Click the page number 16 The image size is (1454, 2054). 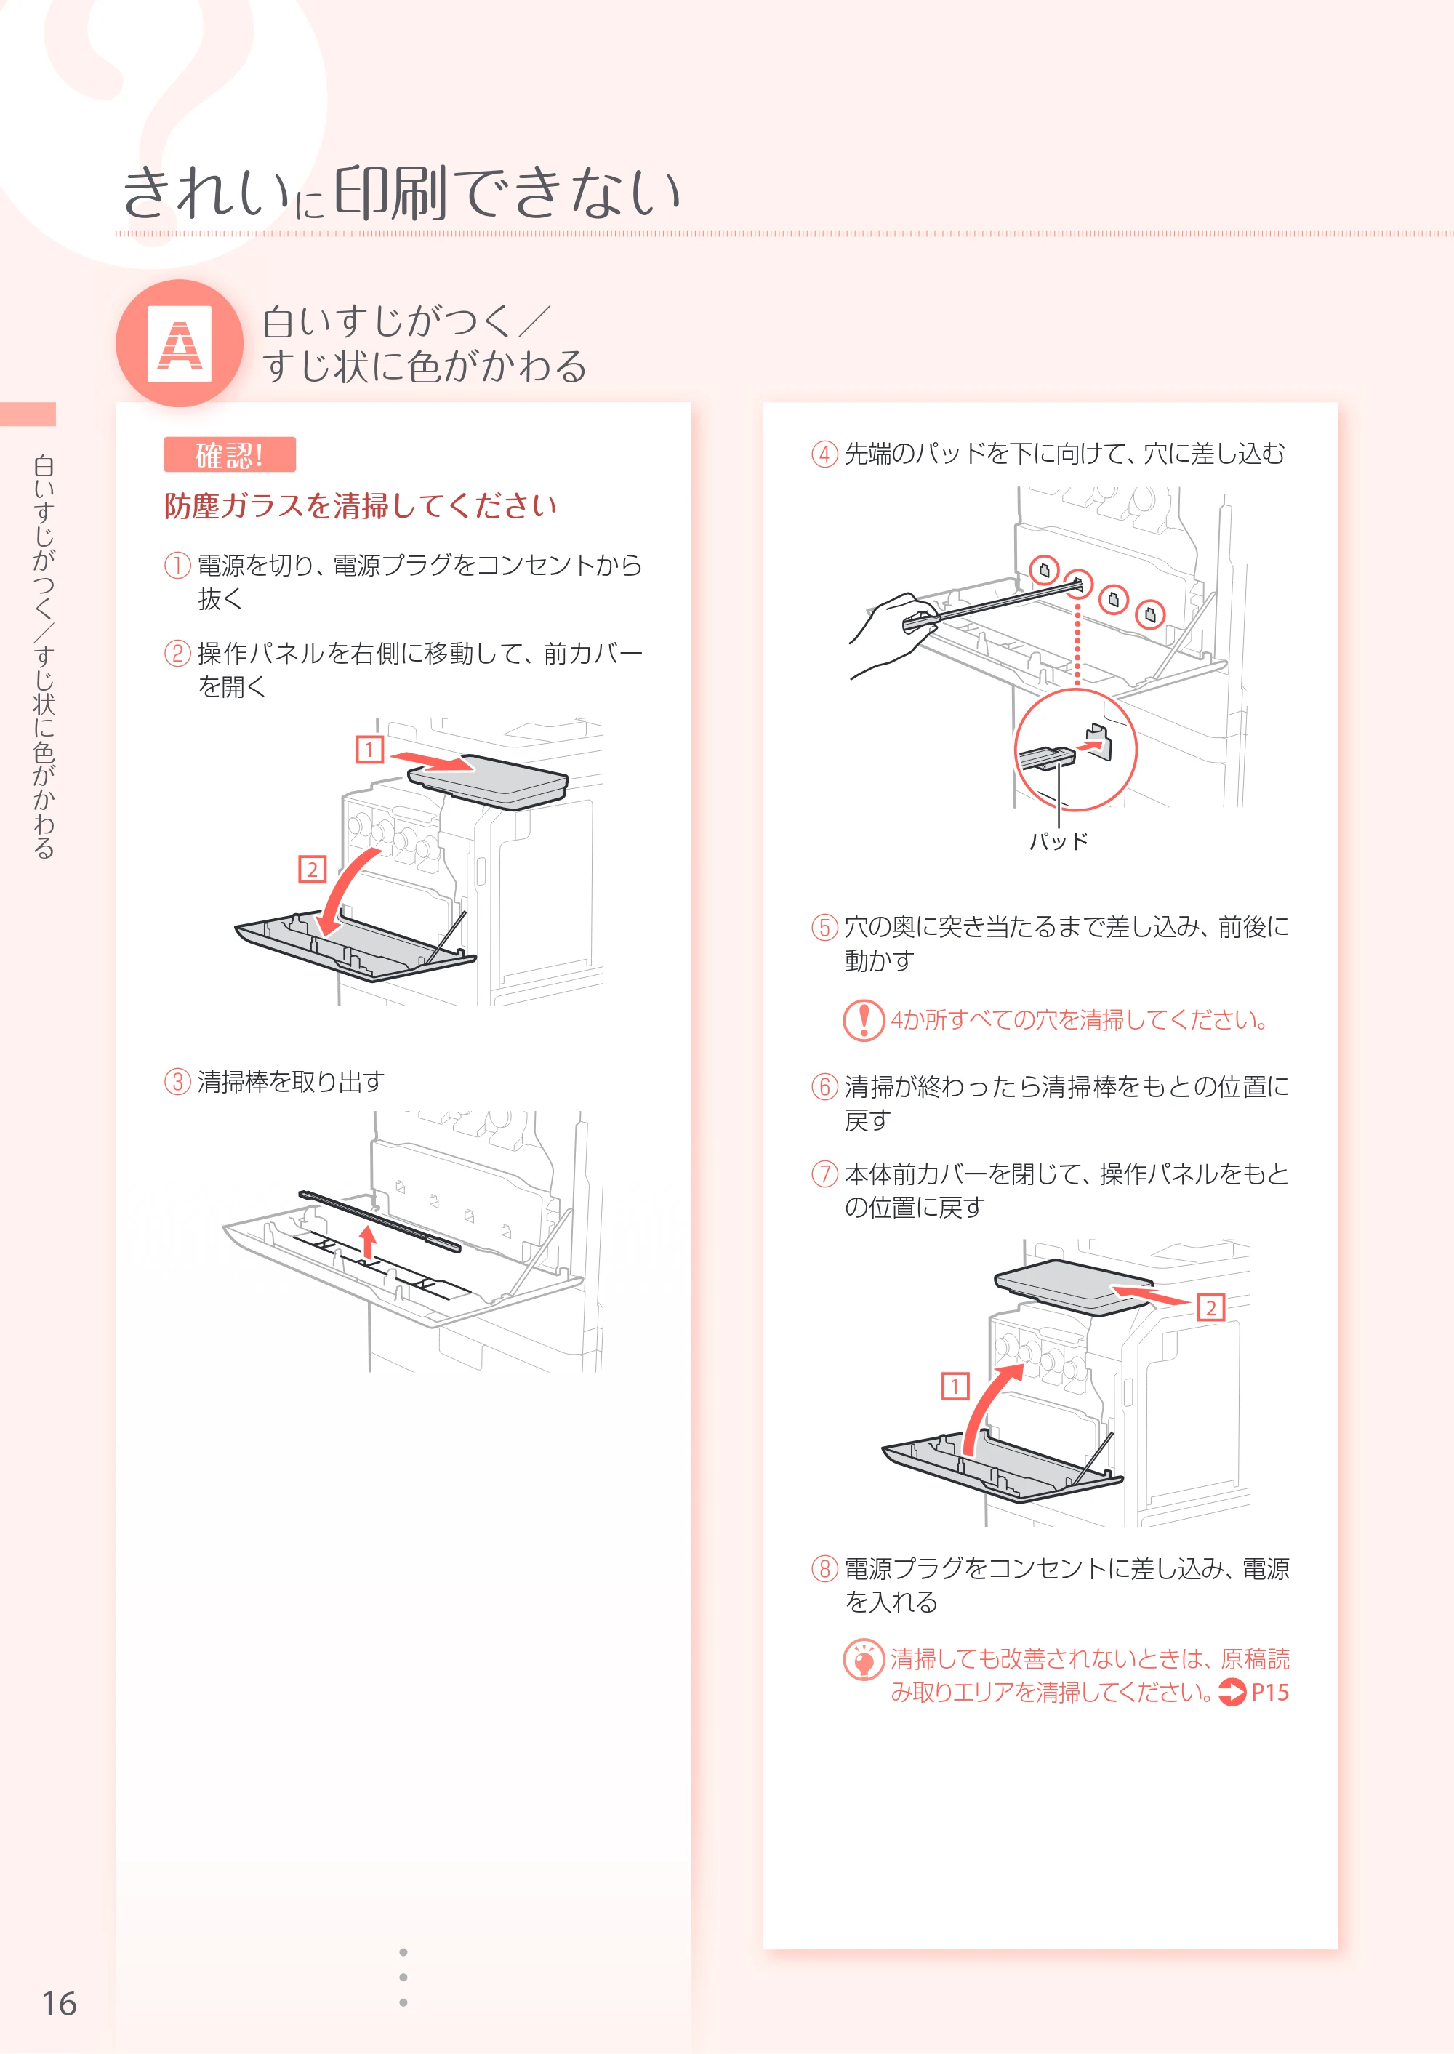tap(59, 2003)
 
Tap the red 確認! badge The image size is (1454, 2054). tap(229, 455)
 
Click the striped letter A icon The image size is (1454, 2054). tap(180, 344)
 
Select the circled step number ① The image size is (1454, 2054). tap(177, 565)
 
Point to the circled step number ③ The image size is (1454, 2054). tap(177, 1082)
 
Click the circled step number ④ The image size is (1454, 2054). tap(824, 454)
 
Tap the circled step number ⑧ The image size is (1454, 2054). tap(824, 1569)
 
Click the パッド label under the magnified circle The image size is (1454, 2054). tap(1059, 841)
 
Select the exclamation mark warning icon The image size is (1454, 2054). tap(864, 1020)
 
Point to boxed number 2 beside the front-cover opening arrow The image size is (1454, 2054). tap(312, 870)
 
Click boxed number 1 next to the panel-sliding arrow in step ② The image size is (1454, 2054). tap(370, 749)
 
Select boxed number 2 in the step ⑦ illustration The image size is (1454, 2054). tap(1210, 1308)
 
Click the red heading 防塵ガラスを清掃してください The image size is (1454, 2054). tap(360, 506)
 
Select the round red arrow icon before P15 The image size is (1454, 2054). tap(1233, 1692)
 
